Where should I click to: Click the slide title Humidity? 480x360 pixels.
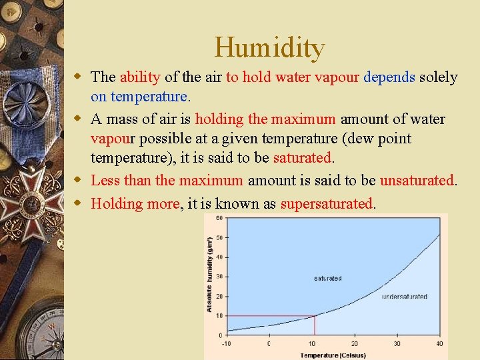point(269,48)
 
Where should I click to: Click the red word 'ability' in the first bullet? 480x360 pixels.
point(139,77)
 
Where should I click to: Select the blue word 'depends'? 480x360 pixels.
point(389,77)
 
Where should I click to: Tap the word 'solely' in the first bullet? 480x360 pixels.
point(439,77)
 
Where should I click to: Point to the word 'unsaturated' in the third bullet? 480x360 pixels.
point(417,180)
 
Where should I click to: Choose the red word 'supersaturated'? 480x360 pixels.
point(327,203)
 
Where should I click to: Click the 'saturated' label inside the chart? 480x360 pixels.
point(327,278)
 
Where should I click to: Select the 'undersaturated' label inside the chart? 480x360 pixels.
point(404,296)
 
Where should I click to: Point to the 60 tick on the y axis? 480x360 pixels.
point(219,219)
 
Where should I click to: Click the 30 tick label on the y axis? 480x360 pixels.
point(219,277)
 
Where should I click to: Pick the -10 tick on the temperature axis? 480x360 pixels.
point(226,344)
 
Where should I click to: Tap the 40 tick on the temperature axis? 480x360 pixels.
point(439,344)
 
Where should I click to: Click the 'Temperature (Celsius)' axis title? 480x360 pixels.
point(332,355)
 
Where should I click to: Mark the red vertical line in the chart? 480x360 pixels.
point(315,325)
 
